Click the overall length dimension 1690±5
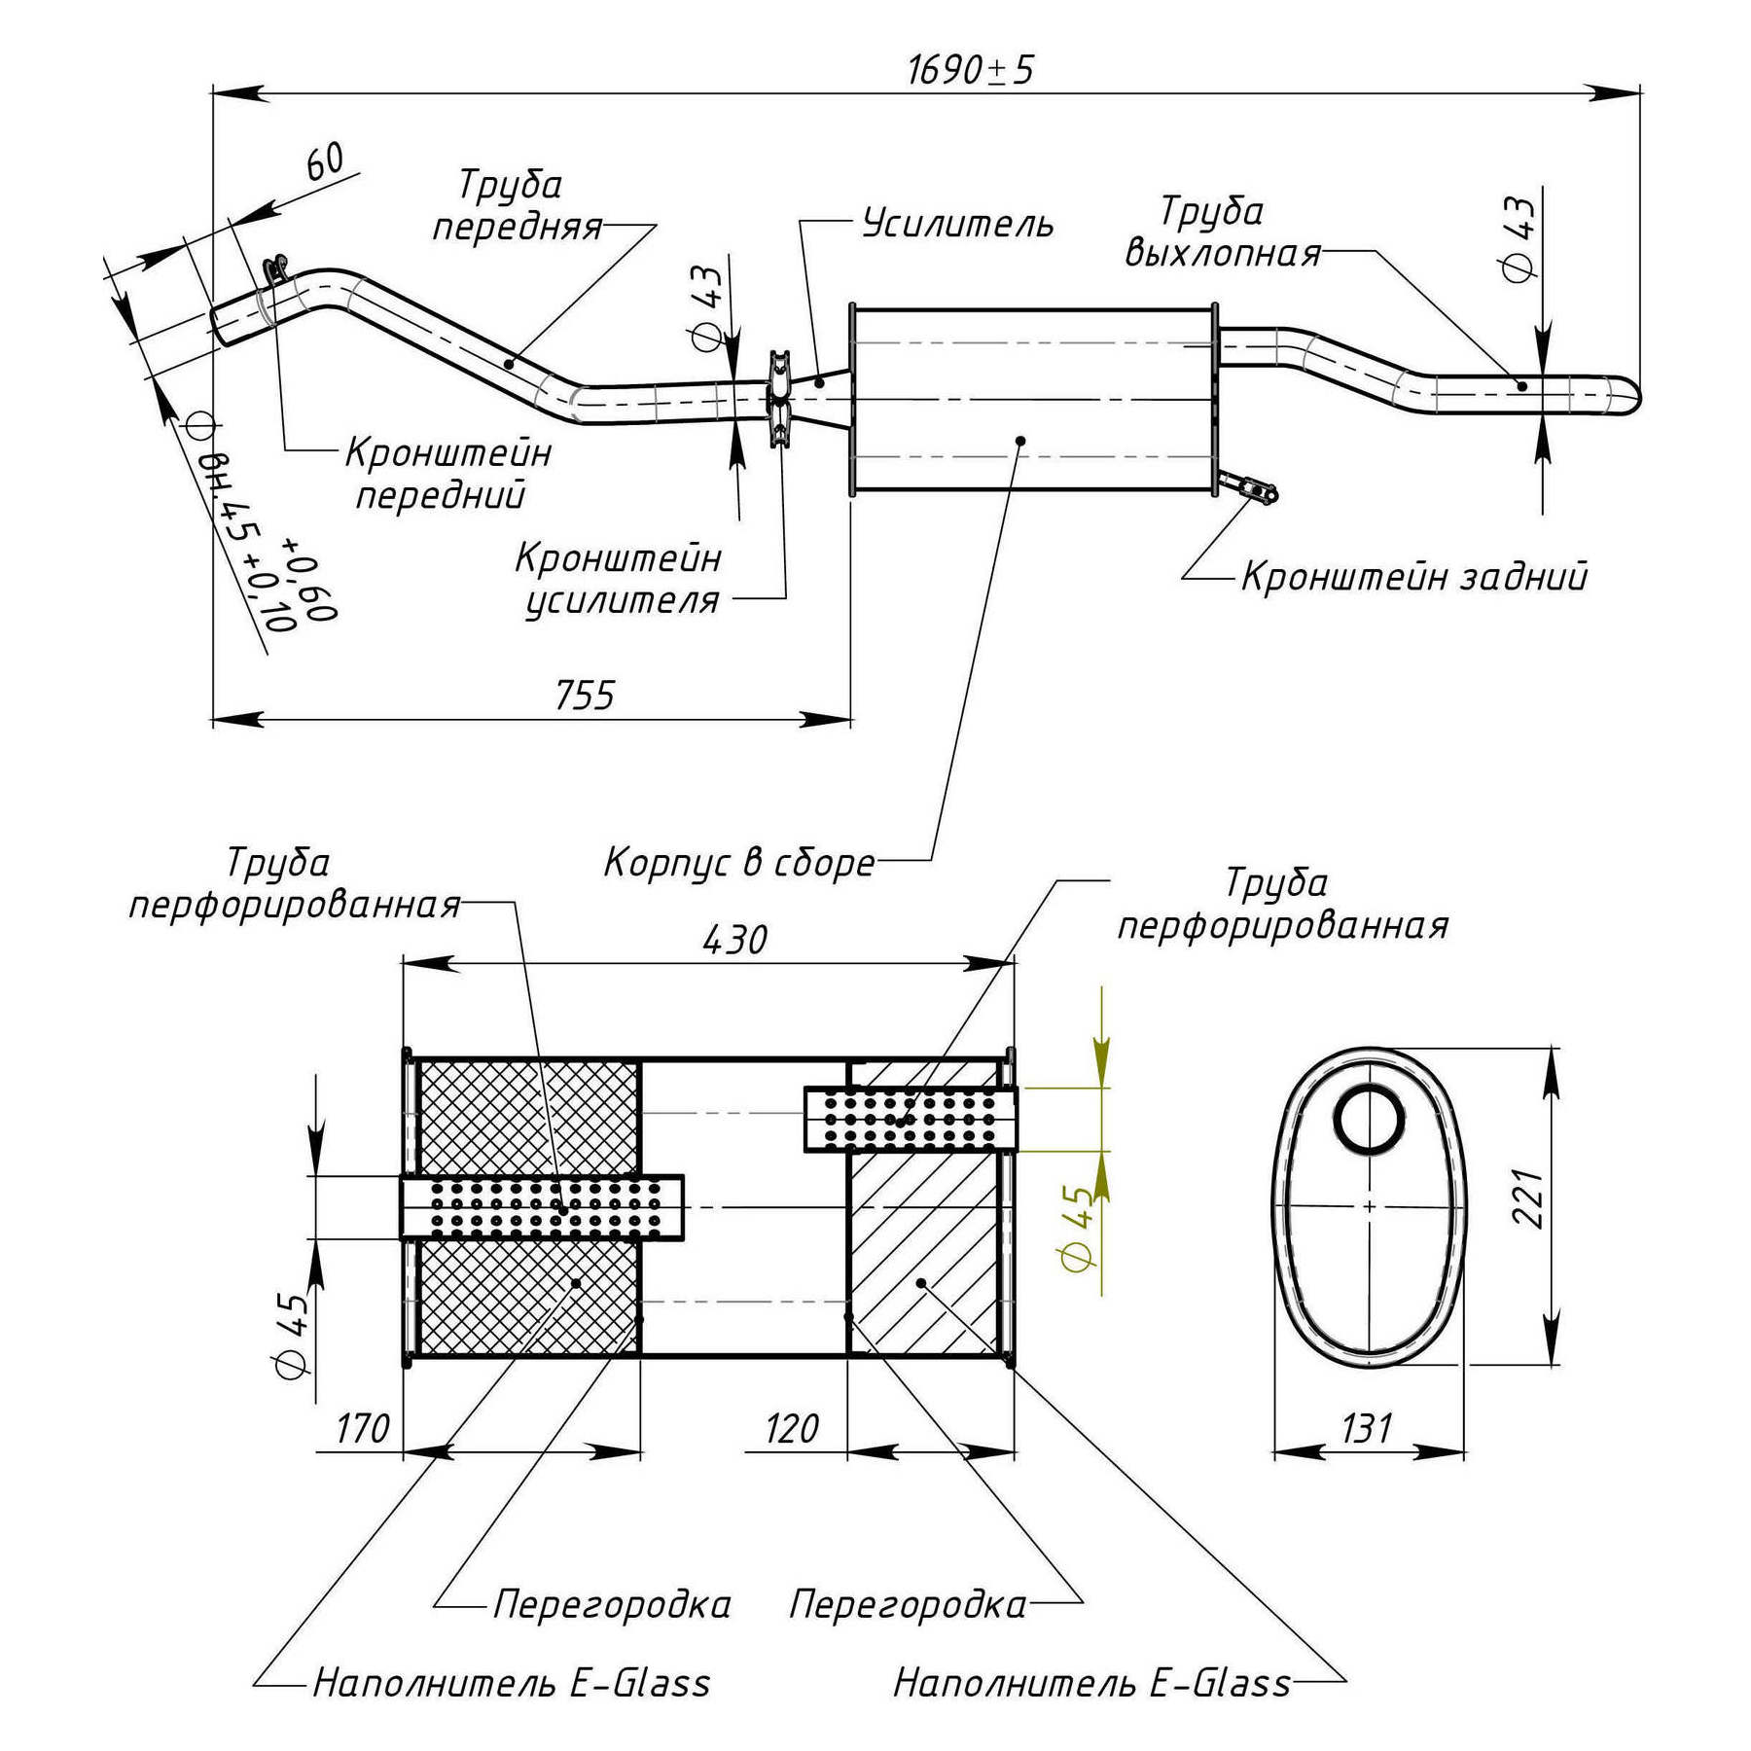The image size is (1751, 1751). (x=970, y=70)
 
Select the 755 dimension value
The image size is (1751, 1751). (x=586, y=696)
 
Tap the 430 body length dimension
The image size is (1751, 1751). (x=734, y=940)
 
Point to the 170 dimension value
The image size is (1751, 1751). (x=362, y=1429)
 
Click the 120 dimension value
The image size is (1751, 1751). (x=791, y=1429)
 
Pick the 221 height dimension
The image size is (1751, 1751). (x=1528, y=1198)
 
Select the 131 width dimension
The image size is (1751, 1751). (x=1367, y=1429)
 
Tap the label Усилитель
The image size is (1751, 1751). (x=958, y=224)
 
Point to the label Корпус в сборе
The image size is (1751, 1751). (x=739, y=863)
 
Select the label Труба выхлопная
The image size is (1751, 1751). (x=1223, y=233)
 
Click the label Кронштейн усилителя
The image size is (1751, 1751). (x=620, y=580)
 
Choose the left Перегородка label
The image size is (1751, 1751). (x=612, y=1604)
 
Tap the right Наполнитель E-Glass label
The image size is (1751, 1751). (x=1091, y=1684)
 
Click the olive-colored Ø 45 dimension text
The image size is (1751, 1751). (x=1078, y=1228)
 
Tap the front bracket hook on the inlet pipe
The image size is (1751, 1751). (x=276, y=268)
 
